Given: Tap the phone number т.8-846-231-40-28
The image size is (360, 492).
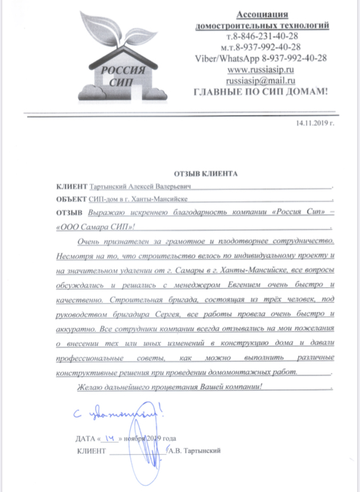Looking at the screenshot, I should click(x=262, y=36).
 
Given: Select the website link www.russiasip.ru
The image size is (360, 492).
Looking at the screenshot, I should click(x=261, y=69).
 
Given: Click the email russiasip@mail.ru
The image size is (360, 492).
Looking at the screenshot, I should click(x=261, y=80).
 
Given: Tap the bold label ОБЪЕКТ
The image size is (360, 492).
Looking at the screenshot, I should click(x=71, y=199).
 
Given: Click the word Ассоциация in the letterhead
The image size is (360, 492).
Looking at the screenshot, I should click(x=262, y=14).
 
